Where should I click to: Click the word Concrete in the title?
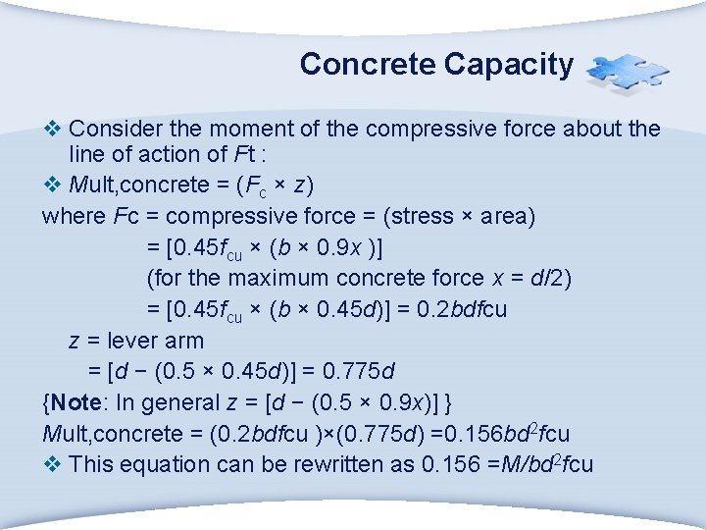point(368,65)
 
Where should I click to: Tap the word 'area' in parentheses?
point(508,216)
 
